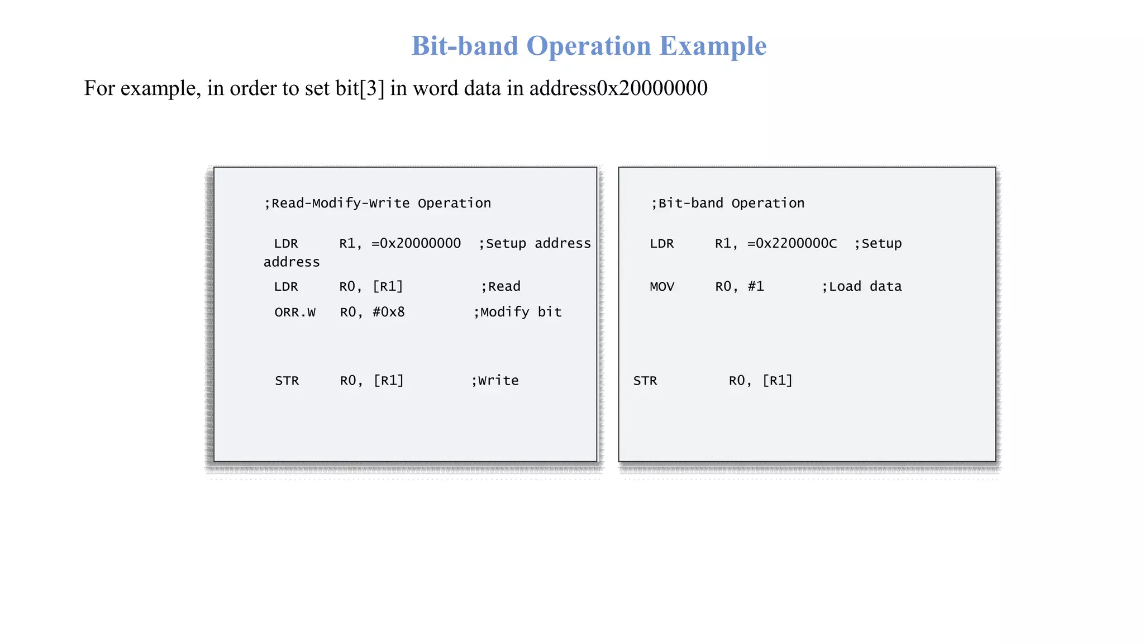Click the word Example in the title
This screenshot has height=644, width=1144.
point(713,46)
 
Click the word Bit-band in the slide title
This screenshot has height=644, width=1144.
point(465,46)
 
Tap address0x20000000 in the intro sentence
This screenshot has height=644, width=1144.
point(618,88)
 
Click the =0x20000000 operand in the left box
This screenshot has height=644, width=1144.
point(416,244)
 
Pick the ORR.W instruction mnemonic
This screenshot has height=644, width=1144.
point(295,312)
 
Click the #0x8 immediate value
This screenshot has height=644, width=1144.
point(389,312)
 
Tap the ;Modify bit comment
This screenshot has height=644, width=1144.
point(518,312)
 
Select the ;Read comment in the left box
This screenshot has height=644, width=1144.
point(501,287)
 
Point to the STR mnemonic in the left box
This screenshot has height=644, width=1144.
point(287,381)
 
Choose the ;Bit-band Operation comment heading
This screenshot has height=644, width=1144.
point(728,203)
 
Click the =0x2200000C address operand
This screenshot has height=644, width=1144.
point(792,244)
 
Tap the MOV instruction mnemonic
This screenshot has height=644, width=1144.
point(662,287)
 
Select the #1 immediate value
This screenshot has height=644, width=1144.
point(756,287)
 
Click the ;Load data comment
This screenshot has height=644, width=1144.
point(862,287)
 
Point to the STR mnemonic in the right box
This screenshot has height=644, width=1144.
point(645,381)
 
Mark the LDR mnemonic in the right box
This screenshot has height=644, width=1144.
point(662,244)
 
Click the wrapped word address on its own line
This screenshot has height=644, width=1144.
point(292,262)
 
